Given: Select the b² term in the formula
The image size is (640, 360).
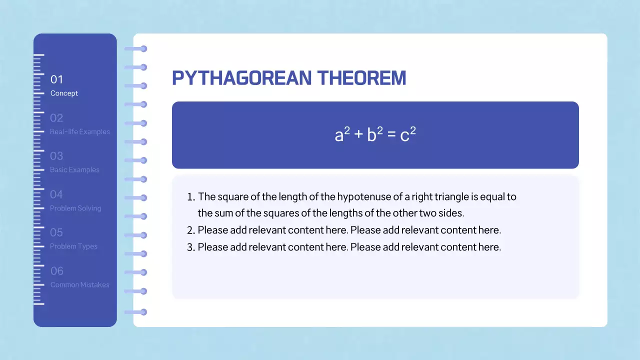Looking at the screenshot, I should click(375, 135).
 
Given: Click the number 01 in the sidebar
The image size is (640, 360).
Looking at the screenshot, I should click(56, 79).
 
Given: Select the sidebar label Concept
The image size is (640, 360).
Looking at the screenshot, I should click(64, 93).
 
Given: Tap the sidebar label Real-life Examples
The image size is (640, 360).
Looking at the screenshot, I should click(79, 132).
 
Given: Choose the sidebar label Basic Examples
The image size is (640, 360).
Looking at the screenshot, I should click(74, 170).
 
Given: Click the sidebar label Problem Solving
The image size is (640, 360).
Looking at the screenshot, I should click(75, 208).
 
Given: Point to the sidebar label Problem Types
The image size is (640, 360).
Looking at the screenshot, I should click(73, 246).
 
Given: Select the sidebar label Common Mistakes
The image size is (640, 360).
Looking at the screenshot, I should click(79, 285).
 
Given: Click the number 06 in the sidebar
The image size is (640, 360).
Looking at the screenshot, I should click(57, 271).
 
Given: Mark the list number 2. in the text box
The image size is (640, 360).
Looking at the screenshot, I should click(190, 230).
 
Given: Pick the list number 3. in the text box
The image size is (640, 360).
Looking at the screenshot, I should click(190, 247).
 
